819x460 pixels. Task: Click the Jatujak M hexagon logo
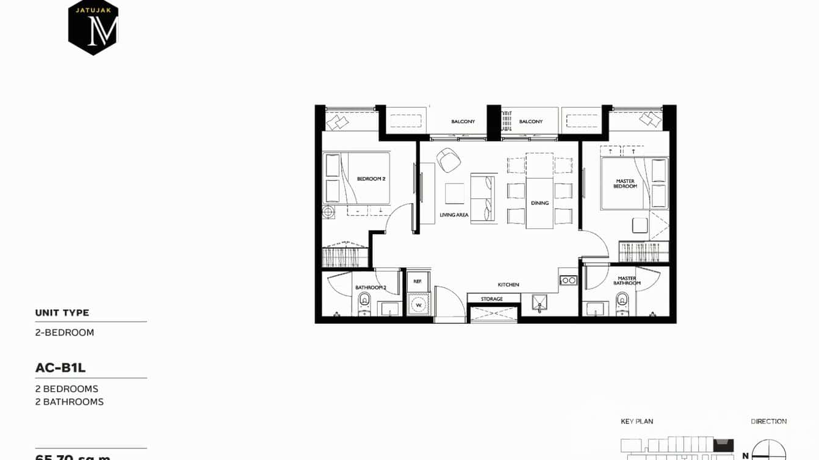point(93,27)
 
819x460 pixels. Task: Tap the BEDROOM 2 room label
point(371,179)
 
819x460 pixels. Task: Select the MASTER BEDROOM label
point(625,183)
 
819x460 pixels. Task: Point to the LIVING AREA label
point(454,215)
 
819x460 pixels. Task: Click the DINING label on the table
point(539,203)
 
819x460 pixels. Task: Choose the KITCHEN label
point(508,284)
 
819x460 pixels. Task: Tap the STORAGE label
point(491,299)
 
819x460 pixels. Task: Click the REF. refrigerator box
point(418,281)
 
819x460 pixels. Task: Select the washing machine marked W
point(419,304)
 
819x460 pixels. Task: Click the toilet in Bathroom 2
point(364,301)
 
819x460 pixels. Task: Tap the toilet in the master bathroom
point(622,301)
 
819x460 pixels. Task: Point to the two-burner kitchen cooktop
point(568,280)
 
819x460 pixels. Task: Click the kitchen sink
point(539,302)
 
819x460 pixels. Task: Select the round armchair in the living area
point(449,159)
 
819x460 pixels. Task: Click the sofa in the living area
point(483,199)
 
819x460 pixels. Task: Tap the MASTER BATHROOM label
point(627,281)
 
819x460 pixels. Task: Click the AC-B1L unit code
point(60,368)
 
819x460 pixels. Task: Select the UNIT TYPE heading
point(62,313)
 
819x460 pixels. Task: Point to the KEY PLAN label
point(637,422)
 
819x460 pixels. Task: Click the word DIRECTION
point(768,422)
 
